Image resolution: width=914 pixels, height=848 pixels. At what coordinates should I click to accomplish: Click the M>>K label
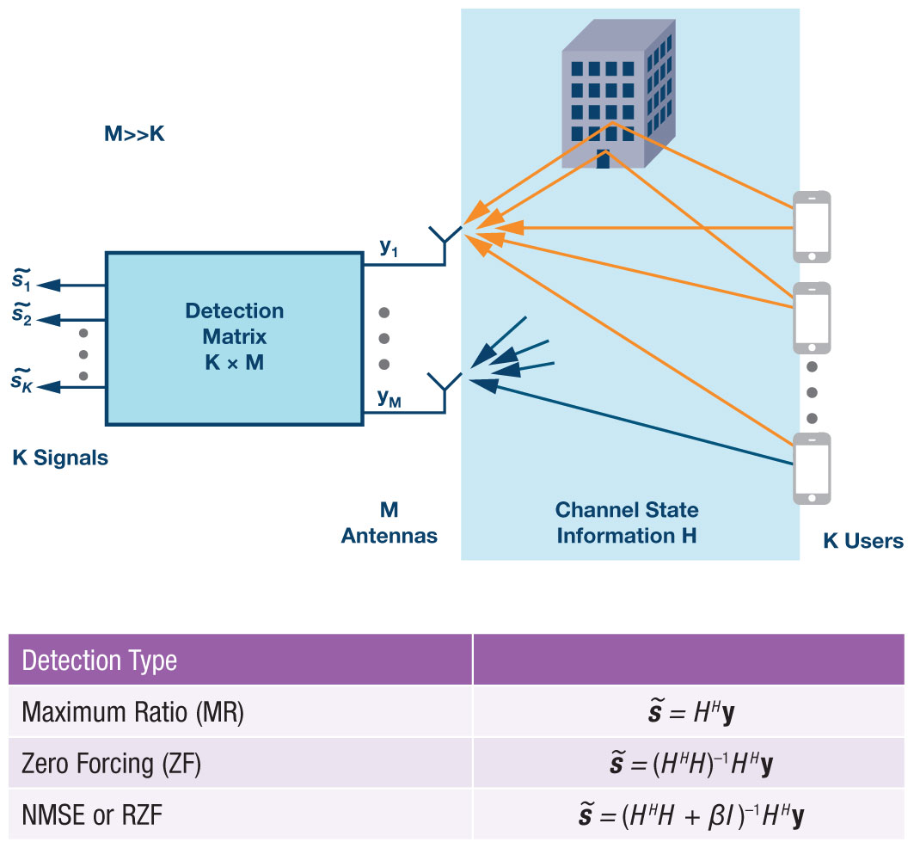coord(133,135)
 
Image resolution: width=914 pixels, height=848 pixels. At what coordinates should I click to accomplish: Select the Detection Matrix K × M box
coord(233,337)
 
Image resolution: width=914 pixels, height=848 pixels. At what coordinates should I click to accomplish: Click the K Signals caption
coord(60,458)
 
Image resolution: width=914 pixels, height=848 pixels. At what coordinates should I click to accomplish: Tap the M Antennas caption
coord(389,523)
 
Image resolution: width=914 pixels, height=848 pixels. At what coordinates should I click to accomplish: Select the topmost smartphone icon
coord(811,226)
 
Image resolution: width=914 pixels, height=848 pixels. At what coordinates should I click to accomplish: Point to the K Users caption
coord(862,541)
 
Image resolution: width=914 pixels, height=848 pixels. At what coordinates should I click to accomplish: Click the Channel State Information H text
coord(626,523)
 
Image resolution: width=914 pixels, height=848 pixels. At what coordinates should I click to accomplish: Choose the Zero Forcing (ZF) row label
coord(111,764)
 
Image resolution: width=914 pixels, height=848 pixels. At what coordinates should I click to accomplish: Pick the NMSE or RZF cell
coord(93,814)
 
